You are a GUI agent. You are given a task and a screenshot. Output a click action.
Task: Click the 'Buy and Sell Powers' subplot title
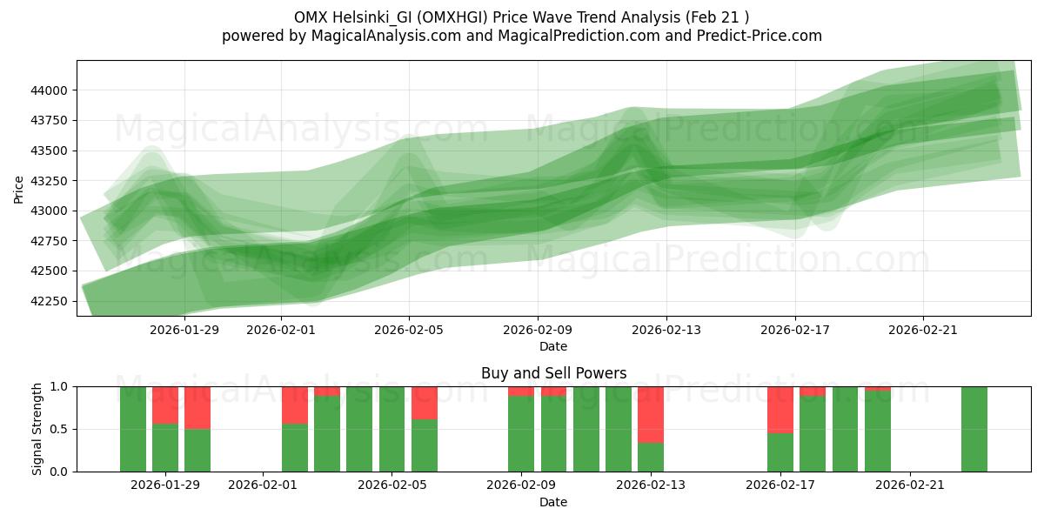pos(553,373)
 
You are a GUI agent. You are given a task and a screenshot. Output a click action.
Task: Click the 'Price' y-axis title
pos(19,188)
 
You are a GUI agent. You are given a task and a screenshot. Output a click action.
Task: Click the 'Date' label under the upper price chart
pos(553,346)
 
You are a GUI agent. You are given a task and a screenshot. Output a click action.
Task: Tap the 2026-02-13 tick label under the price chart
pos(666,330)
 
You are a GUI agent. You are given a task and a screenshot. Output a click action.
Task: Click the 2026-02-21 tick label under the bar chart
pos(909,485)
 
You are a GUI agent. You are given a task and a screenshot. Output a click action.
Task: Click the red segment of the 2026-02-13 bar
pos(651,414)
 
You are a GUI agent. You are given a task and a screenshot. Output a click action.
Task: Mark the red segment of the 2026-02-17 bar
pos(780,409)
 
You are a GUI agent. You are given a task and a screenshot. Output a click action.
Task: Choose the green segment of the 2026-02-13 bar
pos(651,457)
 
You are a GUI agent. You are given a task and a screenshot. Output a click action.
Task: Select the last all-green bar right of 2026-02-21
pos(974,429)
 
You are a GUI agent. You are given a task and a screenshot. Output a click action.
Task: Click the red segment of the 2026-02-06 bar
pos(425,403)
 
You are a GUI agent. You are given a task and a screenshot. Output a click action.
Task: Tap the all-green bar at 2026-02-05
pos(391,429)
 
